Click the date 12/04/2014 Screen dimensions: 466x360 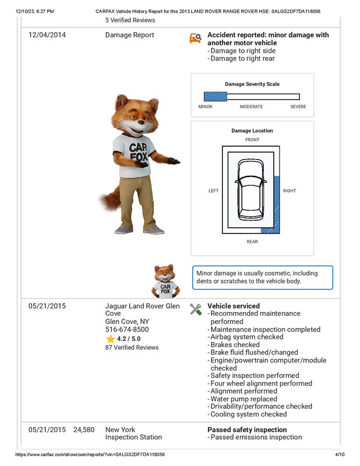47,35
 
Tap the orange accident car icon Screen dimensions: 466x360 196,38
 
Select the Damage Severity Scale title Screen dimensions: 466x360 252,84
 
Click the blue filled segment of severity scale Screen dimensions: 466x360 214,97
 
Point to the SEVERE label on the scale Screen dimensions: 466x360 298,107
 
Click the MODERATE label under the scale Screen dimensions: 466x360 251,107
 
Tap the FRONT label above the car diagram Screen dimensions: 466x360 252,140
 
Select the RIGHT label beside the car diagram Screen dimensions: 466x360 290,191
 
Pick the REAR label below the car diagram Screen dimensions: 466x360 252,241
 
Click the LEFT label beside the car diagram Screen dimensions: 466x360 214,191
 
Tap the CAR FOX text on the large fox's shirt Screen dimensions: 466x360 138,152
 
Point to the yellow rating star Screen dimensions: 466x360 110,338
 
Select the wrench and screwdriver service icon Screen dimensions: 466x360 196,309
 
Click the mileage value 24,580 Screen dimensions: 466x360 84,430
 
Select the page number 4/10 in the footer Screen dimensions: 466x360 340,454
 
